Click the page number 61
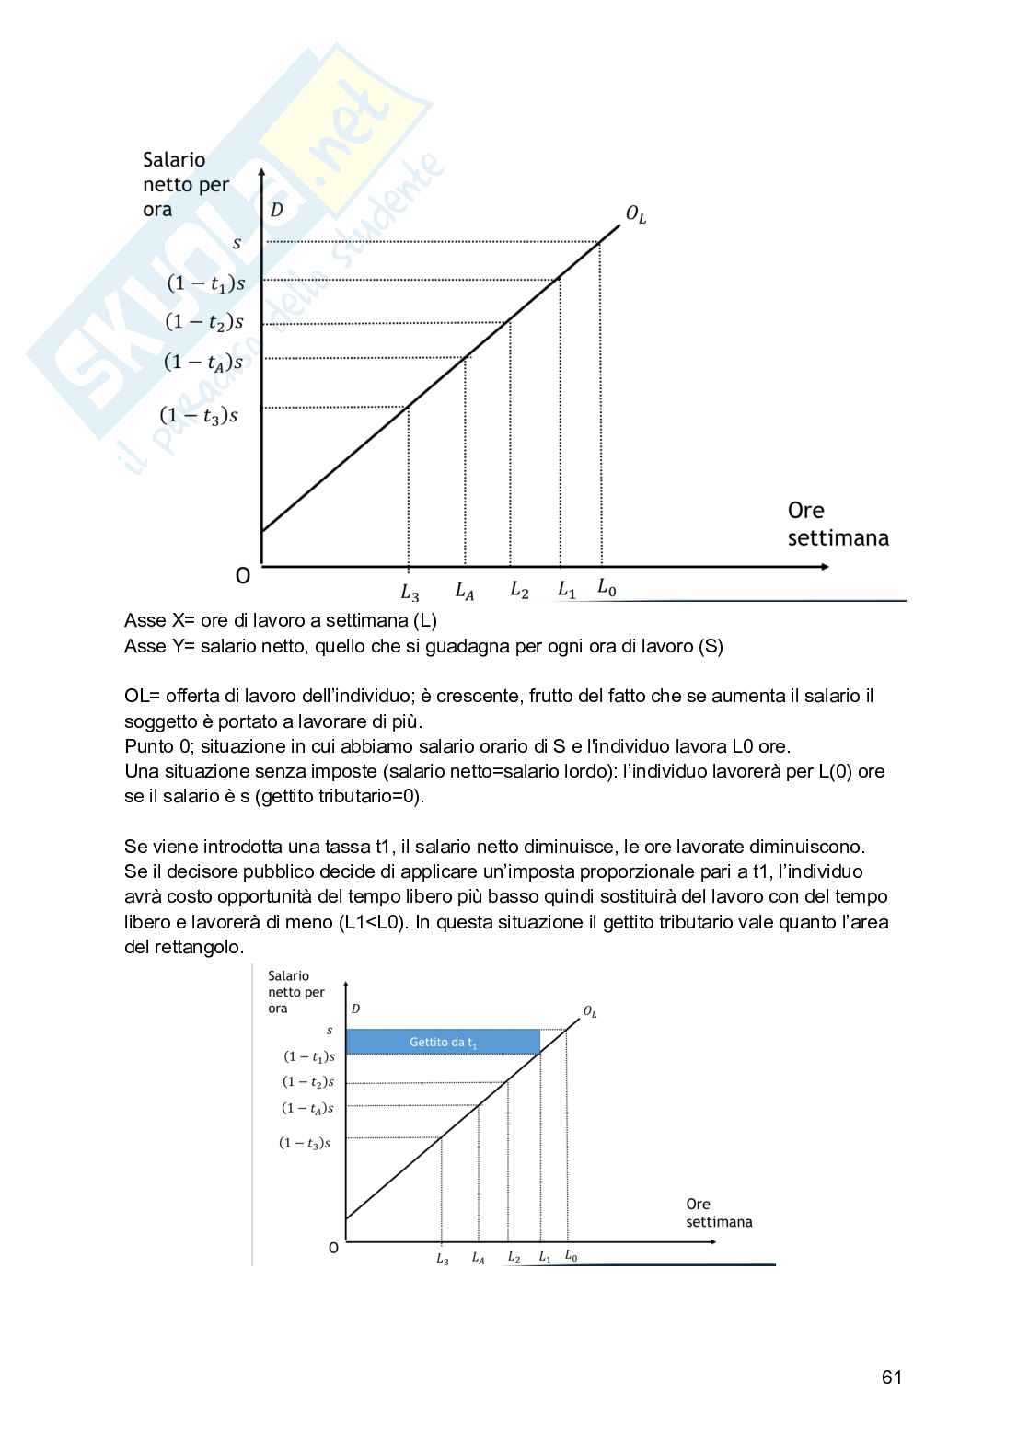(891, 1377)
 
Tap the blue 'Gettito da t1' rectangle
(443, 1042)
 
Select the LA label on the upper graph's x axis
(465, 592)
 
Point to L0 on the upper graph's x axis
(607, 587)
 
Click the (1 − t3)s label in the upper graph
(199, 416)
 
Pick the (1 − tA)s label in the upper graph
(203, 363)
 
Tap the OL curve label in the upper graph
(636, 214)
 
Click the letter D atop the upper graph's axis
(276, 210)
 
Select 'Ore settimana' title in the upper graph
(838, 524)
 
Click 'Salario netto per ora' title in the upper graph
(185, 184)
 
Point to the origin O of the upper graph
(243, 576)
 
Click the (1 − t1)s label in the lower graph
(309, 1057)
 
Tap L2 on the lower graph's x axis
(514, 1257)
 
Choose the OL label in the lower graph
(590, 1011)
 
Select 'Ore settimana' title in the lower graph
(719, 1213)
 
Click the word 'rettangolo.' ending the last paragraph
(184, 947)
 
